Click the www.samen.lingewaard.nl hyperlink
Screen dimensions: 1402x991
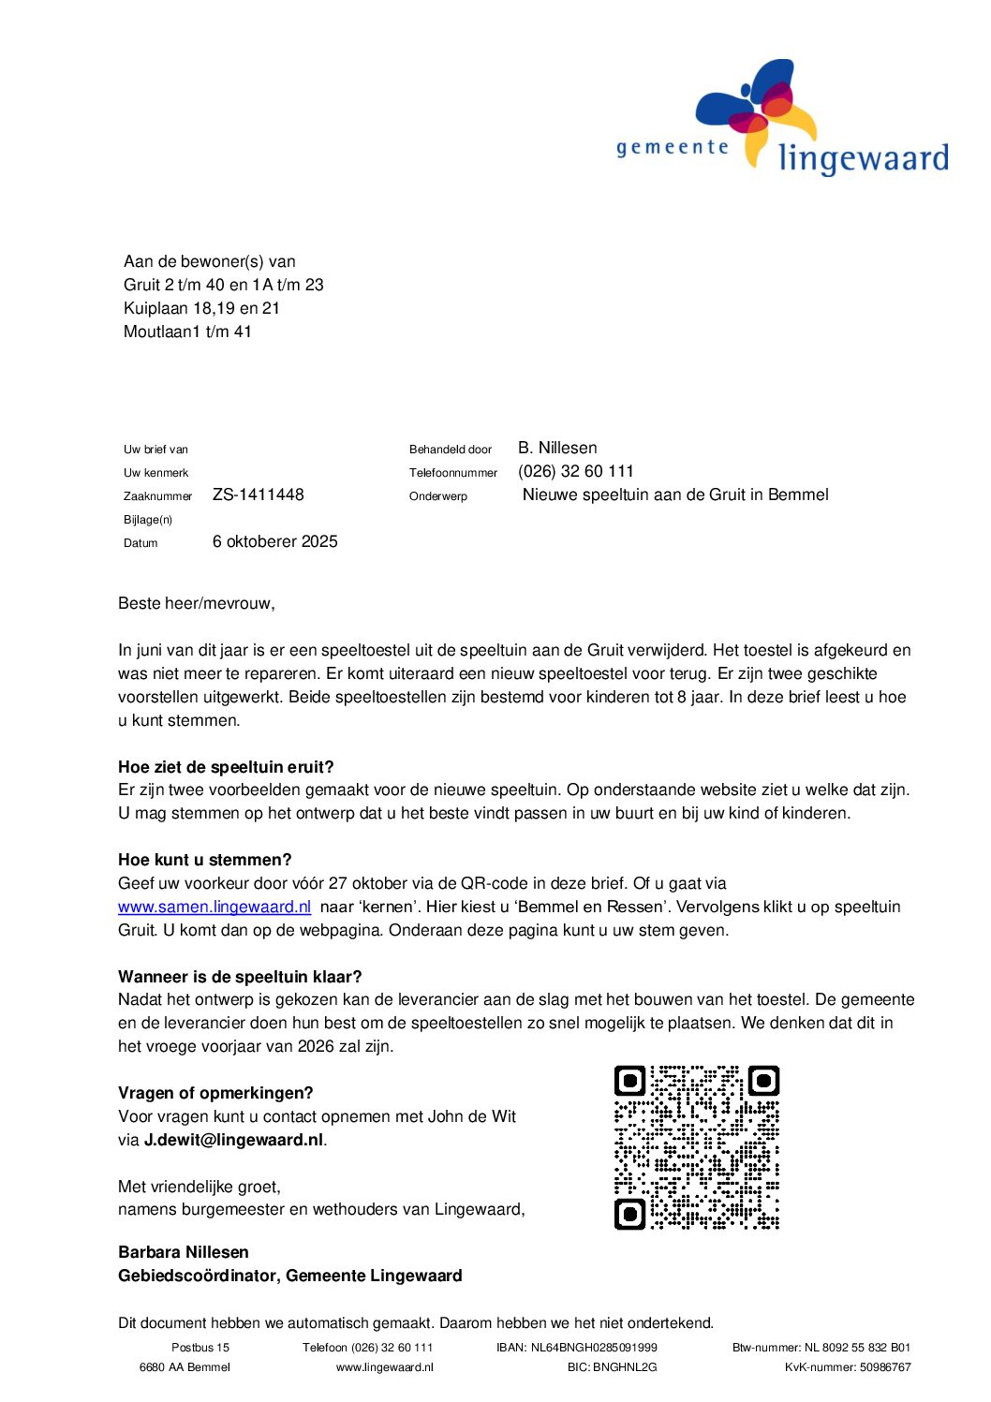pos(214,907)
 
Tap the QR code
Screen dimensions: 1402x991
pos(697,1147)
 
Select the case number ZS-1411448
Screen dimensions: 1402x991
pos(259,494)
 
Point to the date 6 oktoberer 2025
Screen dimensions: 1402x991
pos(274,541)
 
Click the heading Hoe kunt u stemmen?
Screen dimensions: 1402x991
pos(205,860)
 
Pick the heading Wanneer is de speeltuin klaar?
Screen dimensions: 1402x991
pos(240,977)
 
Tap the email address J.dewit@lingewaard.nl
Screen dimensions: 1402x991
pos(233,1140)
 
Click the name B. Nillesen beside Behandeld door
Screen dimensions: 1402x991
pos(557,448)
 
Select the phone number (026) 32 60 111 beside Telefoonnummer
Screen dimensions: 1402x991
pos(576,471)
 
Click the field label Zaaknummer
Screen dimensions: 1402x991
pos(157,496)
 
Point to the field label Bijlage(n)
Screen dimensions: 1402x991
pos(148,520)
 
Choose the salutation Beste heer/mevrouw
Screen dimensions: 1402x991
pos(197,603)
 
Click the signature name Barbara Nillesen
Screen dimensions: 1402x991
pos(184,1252)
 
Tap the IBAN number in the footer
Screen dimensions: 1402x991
pos(577,1348)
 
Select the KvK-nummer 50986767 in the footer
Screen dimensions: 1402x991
pos(848,1367)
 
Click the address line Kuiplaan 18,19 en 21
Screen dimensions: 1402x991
pos(201,308)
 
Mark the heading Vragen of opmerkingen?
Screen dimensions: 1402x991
pos(215,1093)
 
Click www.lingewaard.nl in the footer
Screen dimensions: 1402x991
pos(385,1367)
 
